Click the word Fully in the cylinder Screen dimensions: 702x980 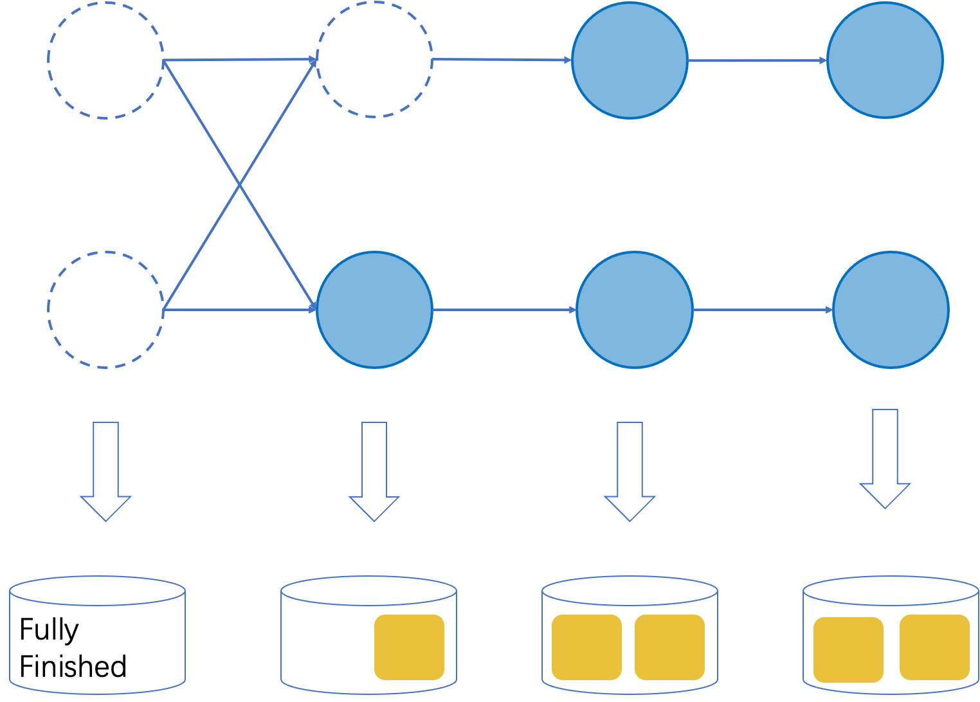(x=49, y=629)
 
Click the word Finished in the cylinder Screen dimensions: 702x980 (x=73, y=667)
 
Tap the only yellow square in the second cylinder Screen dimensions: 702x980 (x=409, y=647)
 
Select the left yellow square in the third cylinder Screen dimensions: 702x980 (x=586, y=647)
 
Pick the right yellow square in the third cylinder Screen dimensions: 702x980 (x=669, y=647)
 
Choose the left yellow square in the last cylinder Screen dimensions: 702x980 (x=848, y=649)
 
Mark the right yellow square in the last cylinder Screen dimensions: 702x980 (x=934, y=647)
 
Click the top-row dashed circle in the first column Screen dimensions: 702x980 (x=105, y=60)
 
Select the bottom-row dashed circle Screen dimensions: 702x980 (x=105, y=310)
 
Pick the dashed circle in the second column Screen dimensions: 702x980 (x=374, y=59)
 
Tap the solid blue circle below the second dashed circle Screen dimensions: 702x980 (x=374, y=310)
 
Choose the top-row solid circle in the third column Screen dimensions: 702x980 (x=630, y=60)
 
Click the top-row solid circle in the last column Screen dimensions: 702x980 (x=885, y=60)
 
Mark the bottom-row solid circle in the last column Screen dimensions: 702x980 (x=891, y=310)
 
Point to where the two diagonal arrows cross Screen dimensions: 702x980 (x=240, y=185)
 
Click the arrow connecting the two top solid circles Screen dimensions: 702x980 (x=757, y=60)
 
